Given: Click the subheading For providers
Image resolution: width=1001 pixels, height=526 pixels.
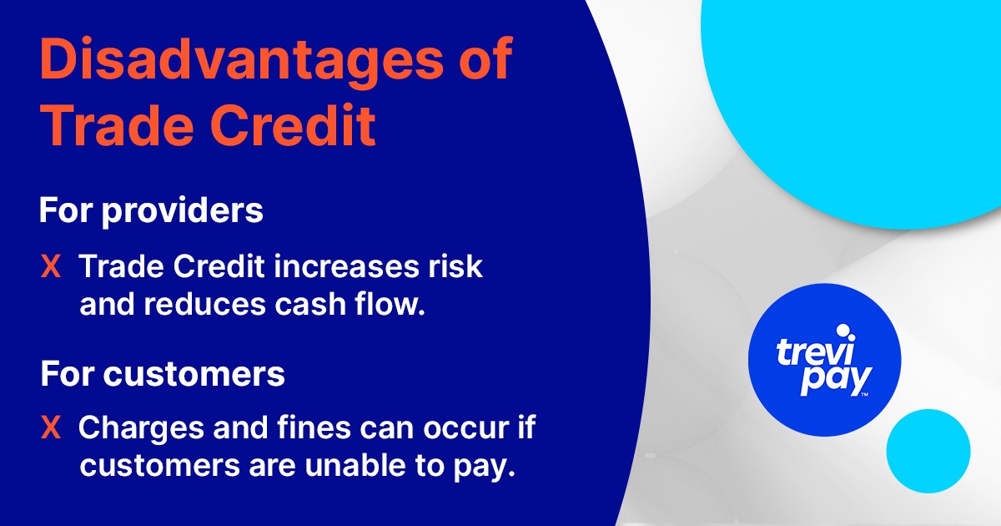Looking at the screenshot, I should [151, 211].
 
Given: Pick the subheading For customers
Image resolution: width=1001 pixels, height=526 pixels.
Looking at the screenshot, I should [163, 374].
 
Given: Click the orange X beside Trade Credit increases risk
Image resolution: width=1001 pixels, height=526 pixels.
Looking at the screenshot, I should [51, 267].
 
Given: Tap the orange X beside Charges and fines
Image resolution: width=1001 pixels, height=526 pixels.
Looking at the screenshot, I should [51, 429].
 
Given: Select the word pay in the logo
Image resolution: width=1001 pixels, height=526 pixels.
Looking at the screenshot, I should [835, 380].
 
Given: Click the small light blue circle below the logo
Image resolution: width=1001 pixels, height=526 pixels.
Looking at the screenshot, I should [928, 451].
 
